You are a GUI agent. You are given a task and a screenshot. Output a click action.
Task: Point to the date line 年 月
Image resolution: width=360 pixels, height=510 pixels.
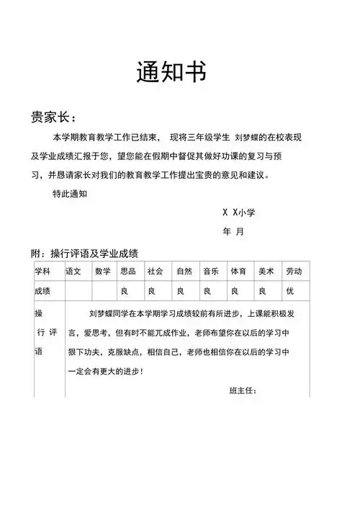coord(233,232)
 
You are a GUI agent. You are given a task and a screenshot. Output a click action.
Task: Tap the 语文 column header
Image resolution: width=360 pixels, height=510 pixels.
coord(73,272)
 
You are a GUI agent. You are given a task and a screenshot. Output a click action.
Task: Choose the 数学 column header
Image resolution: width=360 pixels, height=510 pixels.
coord(102,272)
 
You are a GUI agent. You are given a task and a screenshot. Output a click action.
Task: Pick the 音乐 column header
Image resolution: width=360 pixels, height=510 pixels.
coord(210,272)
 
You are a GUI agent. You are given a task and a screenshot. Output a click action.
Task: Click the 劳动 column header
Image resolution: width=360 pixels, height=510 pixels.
coord(294,272)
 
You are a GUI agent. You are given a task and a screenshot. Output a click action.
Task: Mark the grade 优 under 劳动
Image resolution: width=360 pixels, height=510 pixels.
coord(290,291)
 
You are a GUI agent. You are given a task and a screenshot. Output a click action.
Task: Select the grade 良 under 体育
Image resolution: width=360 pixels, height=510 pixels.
coord(234,291)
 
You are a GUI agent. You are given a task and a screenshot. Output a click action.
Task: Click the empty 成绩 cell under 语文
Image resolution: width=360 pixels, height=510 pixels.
coord(78,291)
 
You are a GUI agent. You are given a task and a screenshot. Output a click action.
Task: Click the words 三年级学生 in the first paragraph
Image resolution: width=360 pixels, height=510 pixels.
coord(208,137)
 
